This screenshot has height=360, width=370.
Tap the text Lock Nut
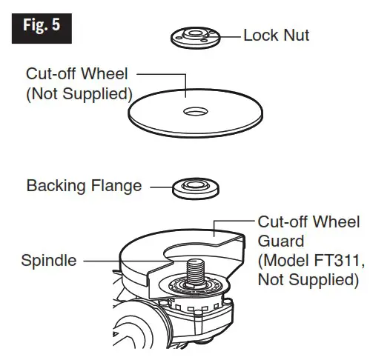click(x=276, y=35)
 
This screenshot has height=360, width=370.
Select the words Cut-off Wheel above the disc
click(x=77, y=75)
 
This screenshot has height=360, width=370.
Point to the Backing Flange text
click(x=84, y=185)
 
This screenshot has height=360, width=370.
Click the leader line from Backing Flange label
click(x=162, y=187)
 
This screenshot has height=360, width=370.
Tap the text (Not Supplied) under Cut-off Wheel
click(x=79, y=94)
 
